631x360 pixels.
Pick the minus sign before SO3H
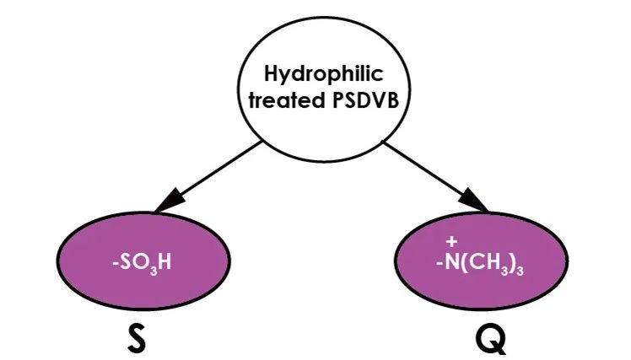[115, 263]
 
